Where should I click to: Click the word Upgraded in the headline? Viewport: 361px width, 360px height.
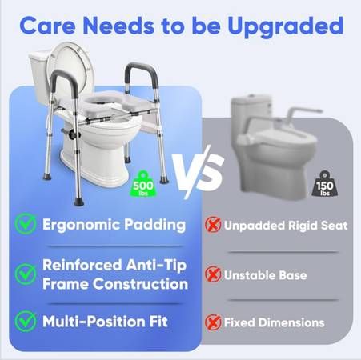point(285,26)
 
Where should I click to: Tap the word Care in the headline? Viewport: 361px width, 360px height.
point(47,26)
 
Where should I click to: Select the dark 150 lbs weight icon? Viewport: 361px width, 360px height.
point(324,185)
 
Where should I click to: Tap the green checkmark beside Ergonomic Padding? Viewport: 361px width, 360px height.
point(26,224)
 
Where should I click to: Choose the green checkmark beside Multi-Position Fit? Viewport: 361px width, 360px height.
point(26,321)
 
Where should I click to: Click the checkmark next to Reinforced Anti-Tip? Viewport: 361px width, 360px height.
point(26,274)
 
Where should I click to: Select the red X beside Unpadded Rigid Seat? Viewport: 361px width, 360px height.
point(213,225)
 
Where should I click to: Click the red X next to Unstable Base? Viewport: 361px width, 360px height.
point(213,274)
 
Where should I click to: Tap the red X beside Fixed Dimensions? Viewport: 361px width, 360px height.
point(213,322)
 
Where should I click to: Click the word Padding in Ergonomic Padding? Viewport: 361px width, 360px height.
point(154,225)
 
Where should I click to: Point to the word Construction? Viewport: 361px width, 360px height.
point(140,284)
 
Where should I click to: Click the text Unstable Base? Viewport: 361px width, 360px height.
point(265,275)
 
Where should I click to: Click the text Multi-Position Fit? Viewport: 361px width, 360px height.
point(105,322)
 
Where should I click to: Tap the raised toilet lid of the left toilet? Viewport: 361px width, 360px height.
point(70,70)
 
